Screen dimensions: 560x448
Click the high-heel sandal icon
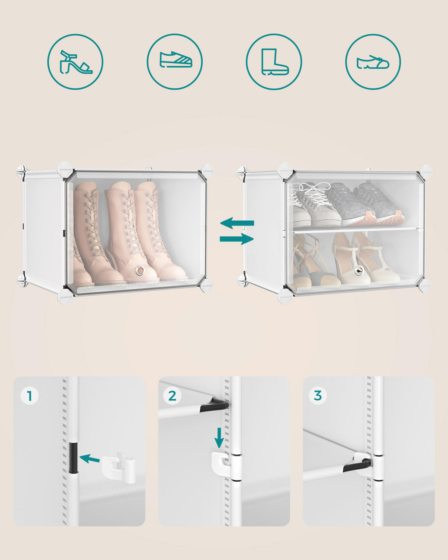[75, 62]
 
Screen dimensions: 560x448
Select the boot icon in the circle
[274, 62]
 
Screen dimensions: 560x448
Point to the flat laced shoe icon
[373, 62]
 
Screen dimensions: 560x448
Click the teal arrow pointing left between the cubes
[237, 223]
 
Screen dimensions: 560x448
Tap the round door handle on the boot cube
[140, 270]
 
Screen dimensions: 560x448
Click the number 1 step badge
[29, 396]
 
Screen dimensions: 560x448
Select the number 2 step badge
[172, 396]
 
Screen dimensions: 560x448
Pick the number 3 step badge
[318, 395]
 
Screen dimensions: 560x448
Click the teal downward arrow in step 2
[219, 437]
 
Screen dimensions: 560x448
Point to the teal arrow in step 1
[90, 458]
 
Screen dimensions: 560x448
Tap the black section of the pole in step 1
[73, 457]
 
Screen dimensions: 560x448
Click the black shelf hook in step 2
[214, 406]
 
